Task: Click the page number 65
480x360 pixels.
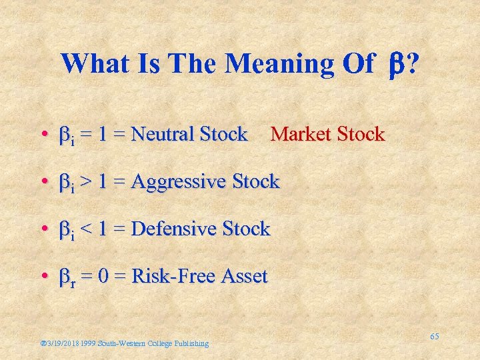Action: [434, 337]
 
